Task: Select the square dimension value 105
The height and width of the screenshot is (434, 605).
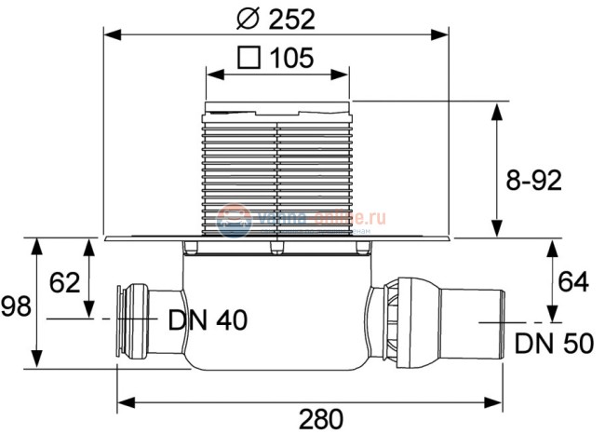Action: (x=290, y=58)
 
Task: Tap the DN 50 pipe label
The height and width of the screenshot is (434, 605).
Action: (x=553, y=345)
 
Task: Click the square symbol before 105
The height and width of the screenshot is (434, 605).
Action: (x=249, y=58)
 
